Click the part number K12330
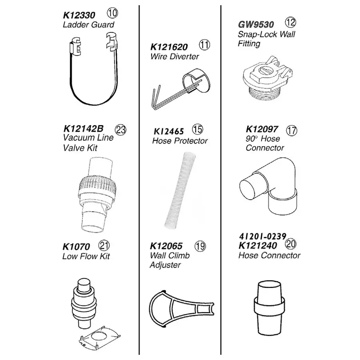click(79, 15)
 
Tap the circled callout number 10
click(112, 13)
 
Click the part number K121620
click(169, 47)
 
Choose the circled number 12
click(290, 22)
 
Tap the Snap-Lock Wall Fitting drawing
click(267, 78)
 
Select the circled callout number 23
click(120, 130)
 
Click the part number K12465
click(168, 131)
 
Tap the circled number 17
click(292, 130)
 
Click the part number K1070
click(76, 246)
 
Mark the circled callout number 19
click(200, 246)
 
